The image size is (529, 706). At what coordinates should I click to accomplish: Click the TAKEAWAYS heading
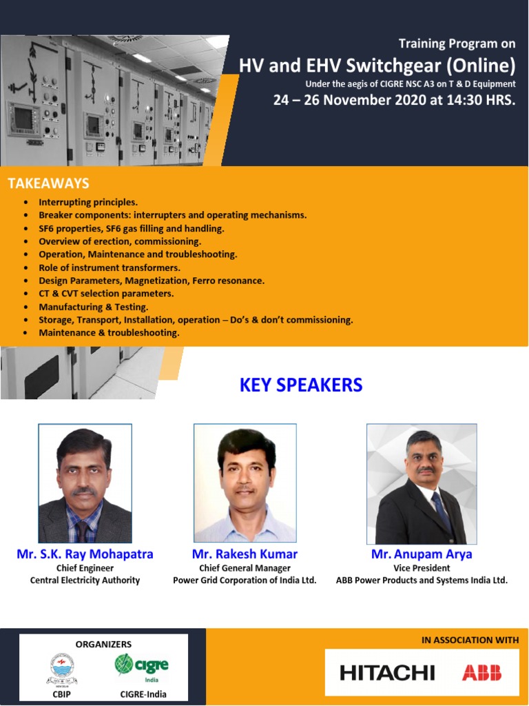pos(48,183)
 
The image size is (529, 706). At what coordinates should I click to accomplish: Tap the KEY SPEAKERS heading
pos(301,385)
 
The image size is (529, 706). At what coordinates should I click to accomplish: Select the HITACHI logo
pos(387,672)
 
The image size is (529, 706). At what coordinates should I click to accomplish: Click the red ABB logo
pos(481,672)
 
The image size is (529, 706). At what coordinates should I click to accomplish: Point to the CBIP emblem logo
pos(62,667)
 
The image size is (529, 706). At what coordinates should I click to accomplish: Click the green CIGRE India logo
pos(141,665)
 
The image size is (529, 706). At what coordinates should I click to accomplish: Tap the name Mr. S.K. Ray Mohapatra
pos(85,554)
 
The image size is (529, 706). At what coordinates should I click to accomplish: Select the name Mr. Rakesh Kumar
pos(245,554)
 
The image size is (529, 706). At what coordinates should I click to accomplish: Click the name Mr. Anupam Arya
pos(422,554)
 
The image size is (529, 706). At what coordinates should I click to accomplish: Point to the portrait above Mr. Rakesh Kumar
pos(245,483)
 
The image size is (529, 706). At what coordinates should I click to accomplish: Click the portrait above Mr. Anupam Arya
pos(422,483)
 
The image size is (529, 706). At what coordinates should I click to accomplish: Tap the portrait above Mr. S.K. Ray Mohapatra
pos(85,483)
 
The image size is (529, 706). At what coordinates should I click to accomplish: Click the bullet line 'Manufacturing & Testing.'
pos(94,307)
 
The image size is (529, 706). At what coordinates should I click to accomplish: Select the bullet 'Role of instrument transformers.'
pos(110,268)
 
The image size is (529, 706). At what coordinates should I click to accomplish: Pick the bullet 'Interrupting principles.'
pos(88,202)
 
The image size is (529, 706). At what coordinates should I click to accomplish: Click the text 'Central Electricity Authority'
pos(85,581)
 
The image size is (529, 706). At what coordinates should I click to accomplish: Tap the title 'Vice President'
pos(422,568)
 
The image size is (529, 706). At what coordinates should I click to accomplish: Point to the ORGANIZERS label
pos(103,644)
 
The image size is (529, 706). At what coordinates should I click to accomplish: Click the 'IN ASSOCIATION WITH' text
pos(470,641)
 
